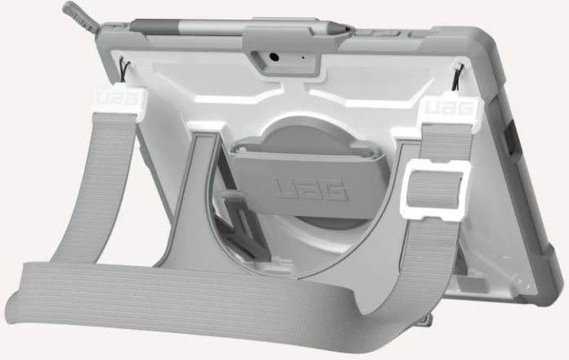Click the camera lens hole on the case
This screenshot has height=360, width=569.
click(x=275, y=57)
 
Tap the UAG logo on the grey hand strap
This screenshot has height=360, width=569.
click(x=311, y=190)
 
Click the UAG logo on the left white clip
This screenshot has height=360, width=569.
click(x=118, y=98)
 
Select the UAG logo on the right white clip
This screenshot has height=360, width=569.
click(x=449, y=108)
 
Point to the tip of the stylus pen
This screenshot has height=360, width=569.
click(x=349, y=28)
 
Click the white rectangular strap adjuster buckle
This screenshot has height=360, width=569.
click(x=434, y=190)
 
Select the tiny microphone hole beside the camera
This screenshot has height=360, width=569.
click(x=303, y=57)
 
